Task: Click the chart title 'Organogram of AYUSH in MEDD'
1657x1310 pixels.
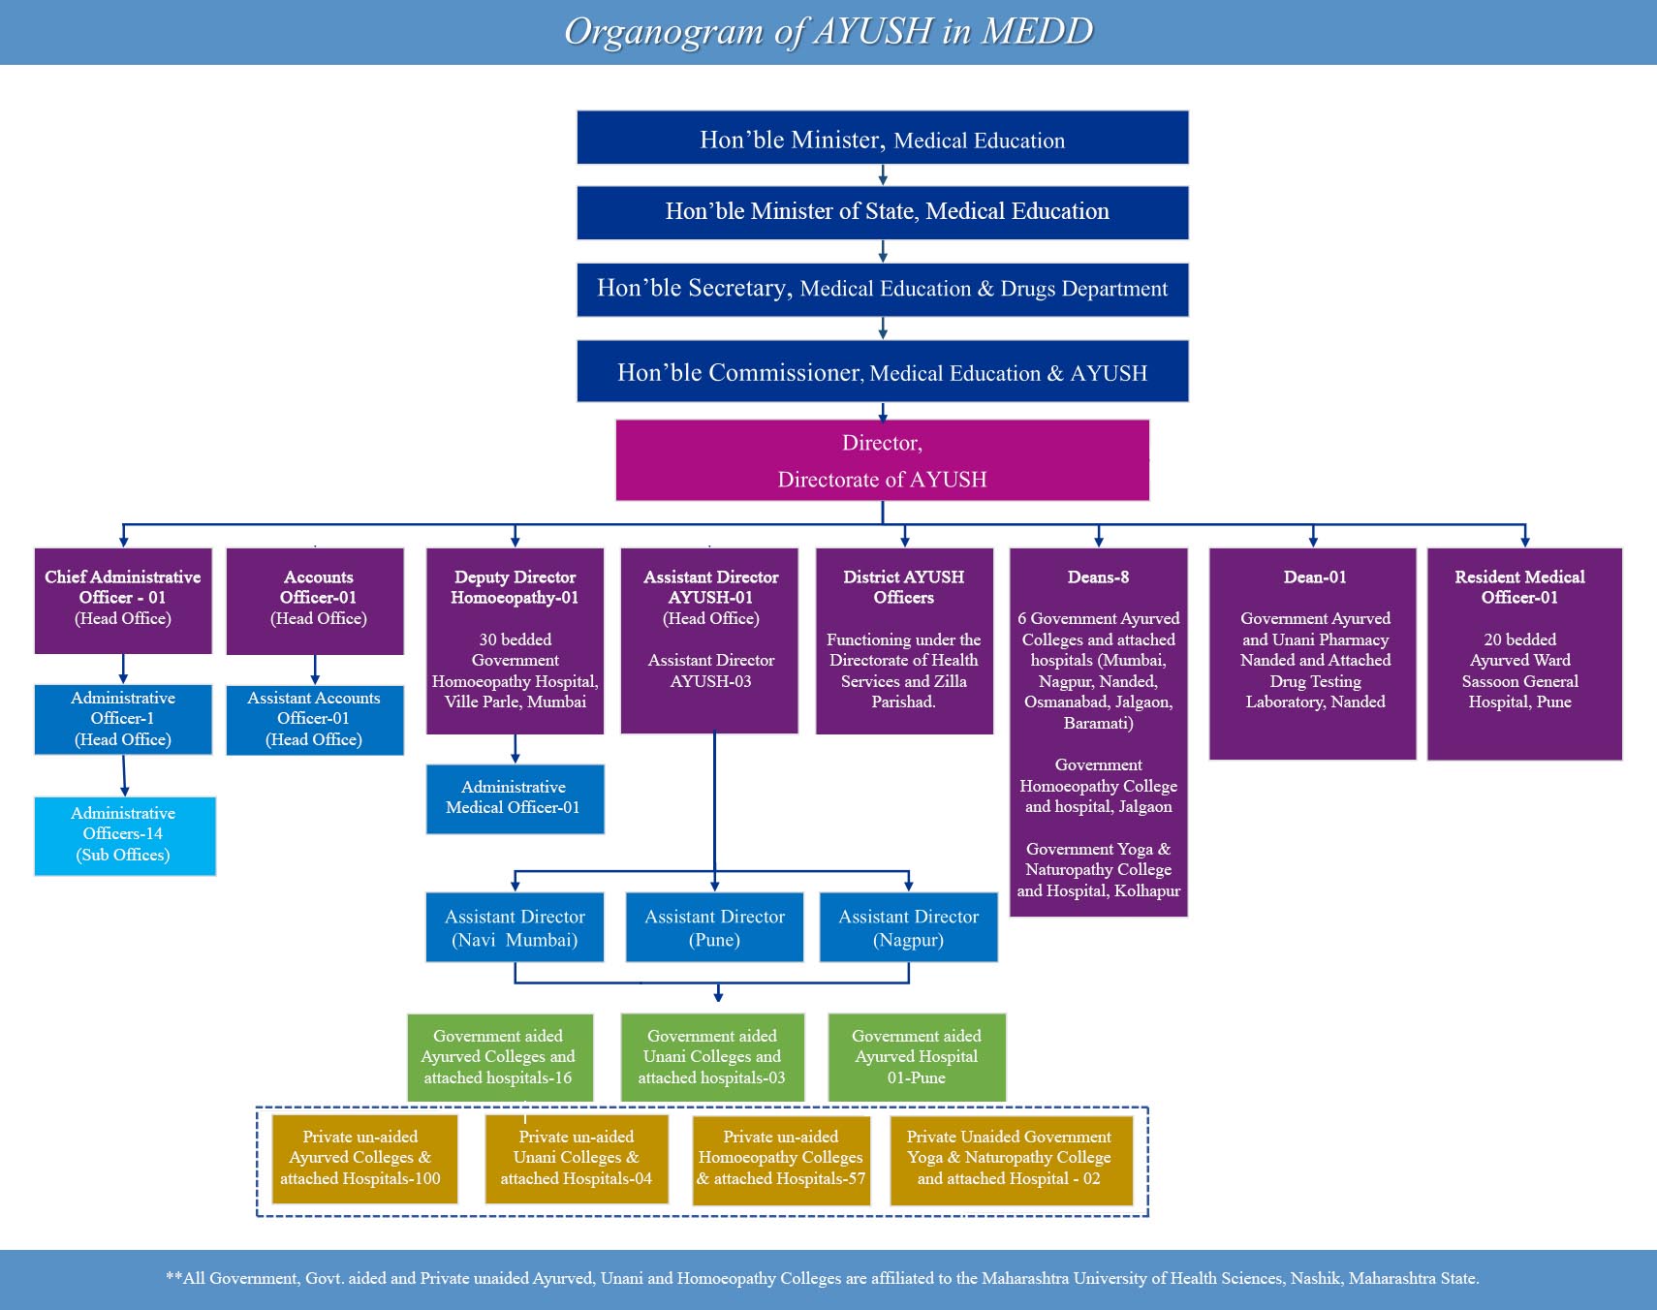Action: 828,32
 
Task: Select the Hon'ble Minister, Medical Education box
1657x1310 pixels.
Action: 882,138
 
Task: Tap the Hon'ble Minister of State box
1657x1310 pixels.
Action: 882,213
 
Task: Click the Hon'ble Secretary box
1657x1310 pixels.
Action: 882,289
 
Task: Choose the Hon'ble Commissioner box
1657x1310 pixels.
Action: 882,371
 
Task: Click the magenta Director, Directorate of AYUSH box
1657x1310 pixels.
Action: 882,460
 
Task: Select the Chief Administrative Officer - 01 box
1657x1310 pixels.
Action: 123,600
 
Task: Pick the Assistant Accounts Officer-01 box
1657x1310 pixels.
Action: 315,720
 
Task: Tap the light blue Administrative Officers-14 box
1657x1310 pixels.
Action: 124,835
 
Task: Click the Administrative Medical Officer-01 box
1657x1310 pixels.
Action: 515,798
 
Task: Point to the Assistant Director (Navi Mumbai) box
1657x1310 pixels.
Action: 515,927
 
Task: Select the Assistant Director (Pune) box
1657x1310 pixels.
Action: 715,927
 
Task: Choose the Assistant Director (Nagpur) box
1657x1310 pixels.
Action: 909,927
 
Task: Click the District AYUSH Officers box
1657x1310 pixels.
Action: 904,639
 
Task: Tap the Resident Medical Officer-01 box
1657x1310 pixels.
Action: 1524,653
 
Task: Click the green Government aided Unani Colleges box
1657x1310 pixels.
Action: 712,1057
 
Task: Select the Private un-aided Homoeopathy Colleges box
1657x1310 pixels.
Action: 781,1159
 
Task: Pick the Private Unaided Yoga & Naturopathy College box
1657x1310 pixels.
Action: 1010,1159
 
